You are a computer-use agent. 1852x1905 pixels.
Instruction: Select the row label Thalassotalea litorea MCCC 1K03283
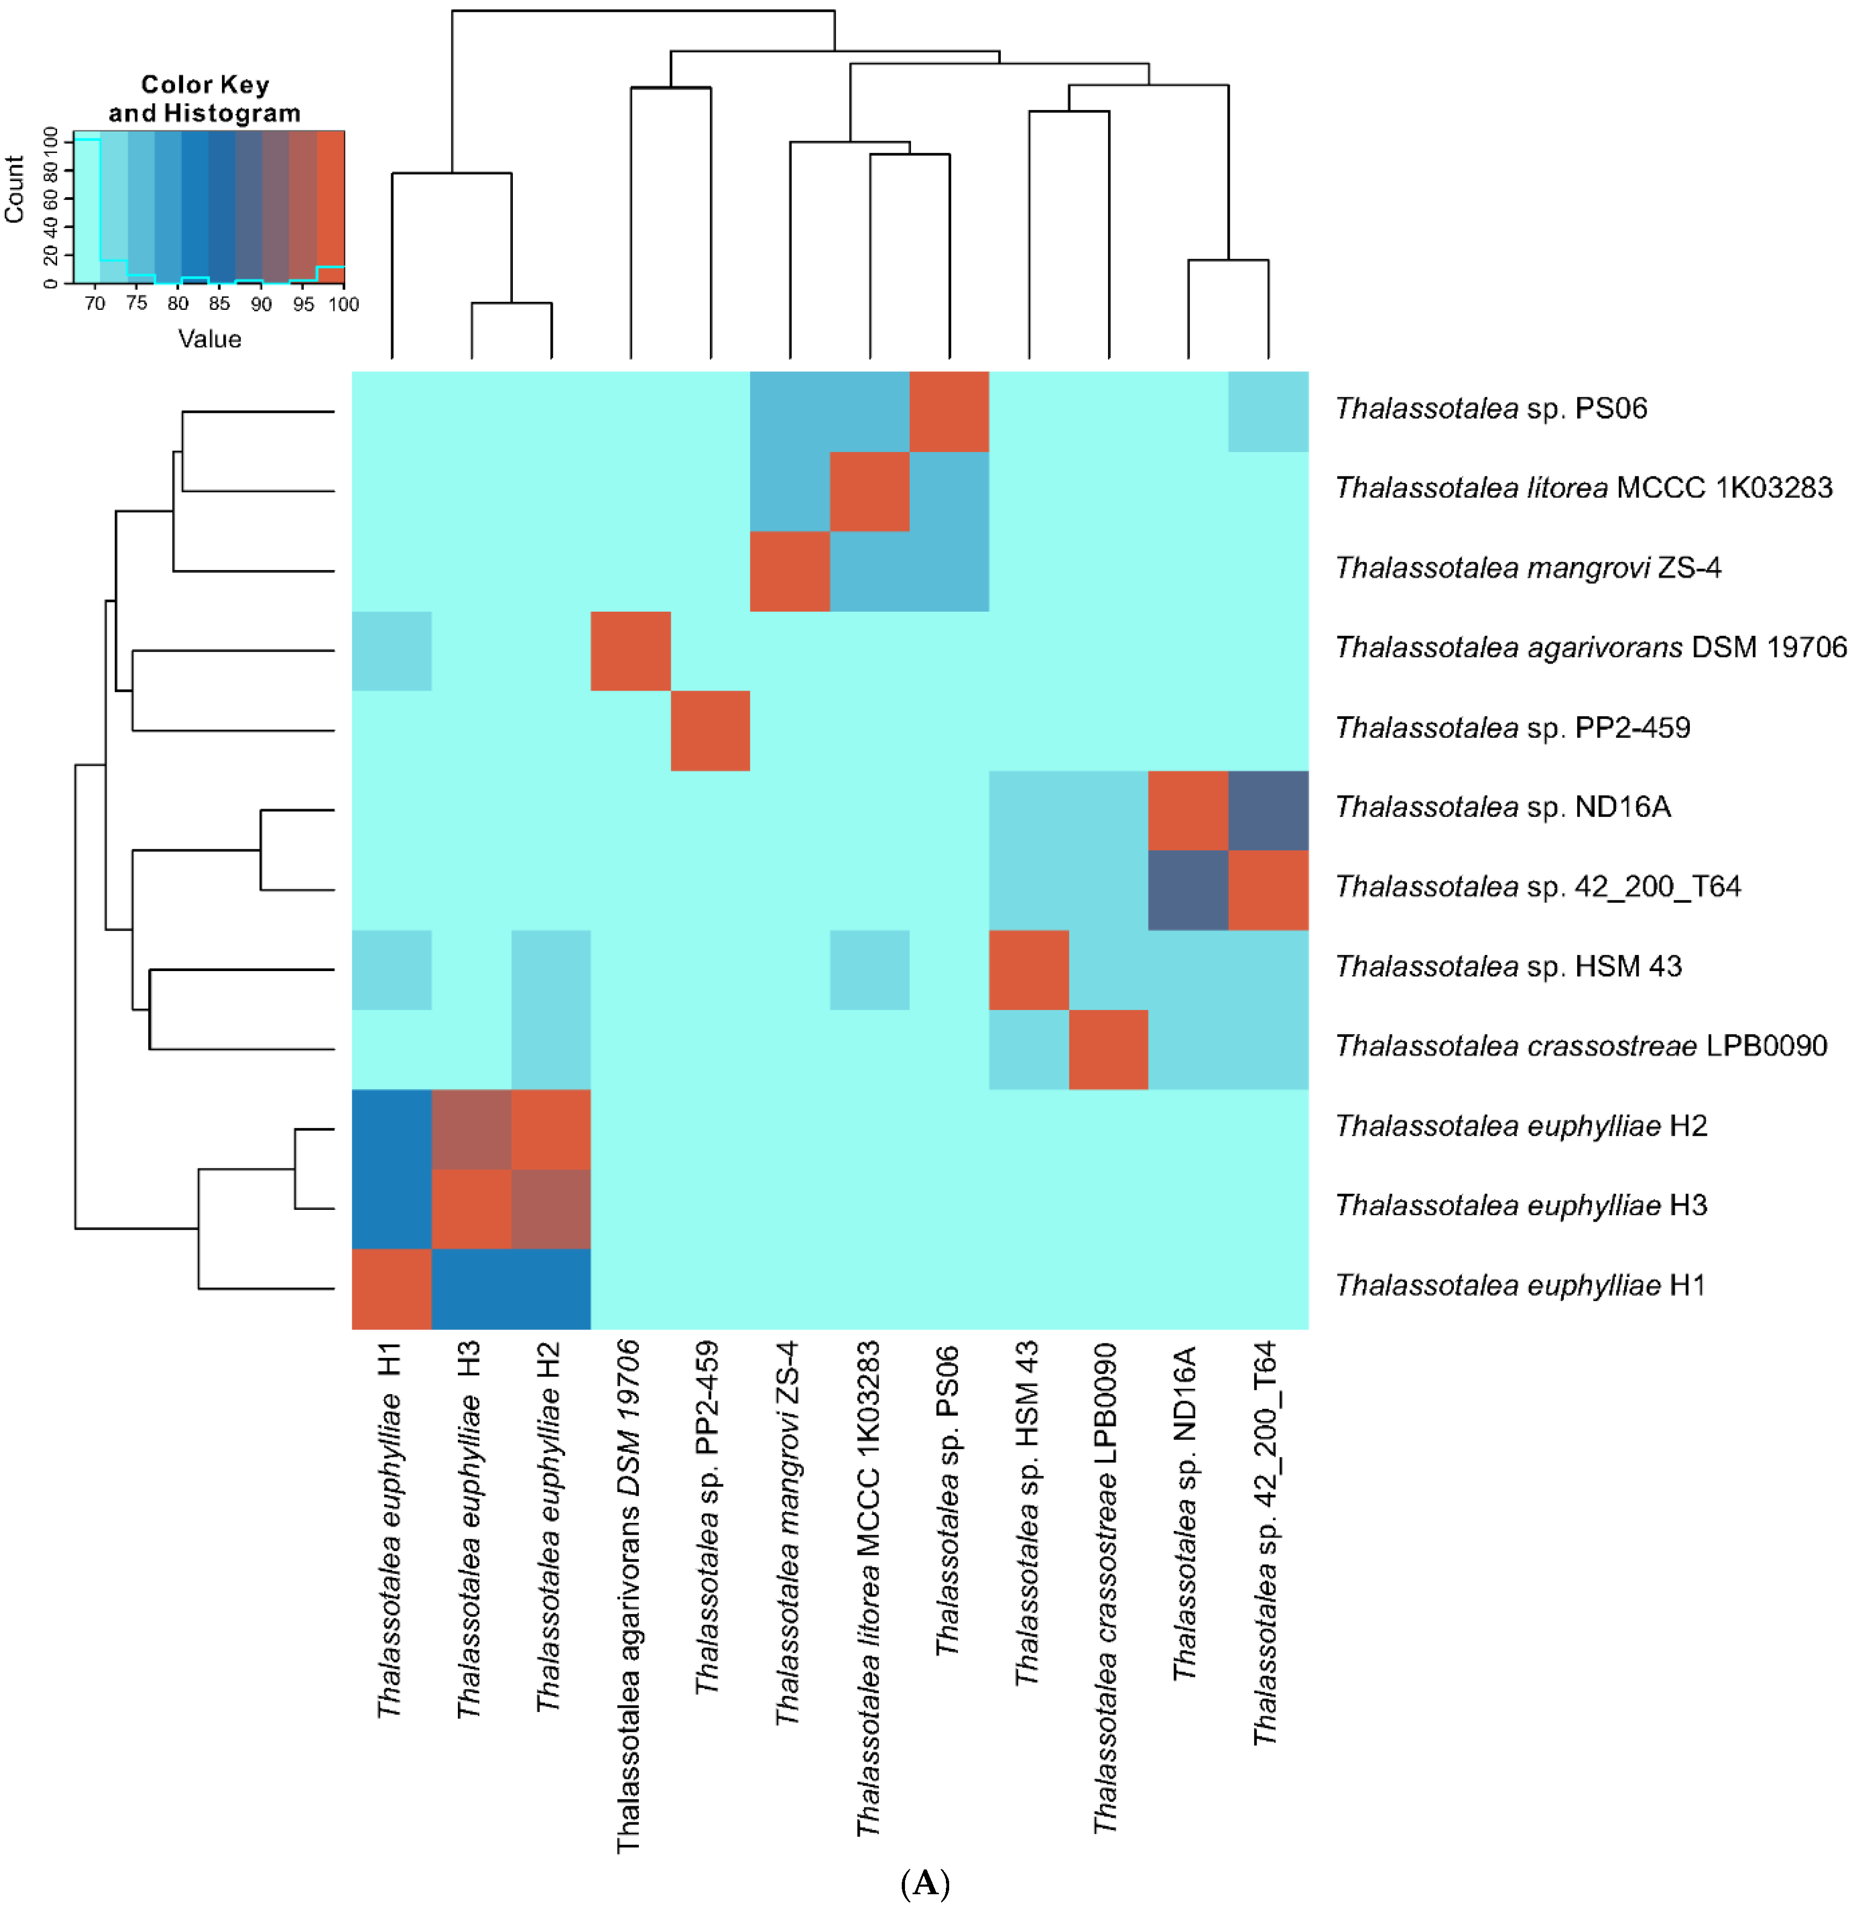tap(1583, 488)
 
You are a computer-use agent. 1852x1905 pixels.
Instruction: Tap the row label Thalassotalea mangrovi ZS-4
tap(1527, 567)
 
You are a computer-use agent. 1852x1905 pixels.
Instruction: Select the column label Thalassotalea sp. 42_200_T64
tap(1264, 1542)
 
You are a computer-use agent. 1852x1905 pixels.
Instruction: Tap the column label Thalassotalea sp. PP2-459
tap(707, 1517)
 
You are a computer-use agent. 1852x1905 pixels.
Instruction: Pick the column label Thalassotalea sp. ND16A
tap(1184, 1513)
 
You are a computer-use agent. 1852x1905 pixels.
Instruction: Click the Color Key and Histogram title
tap(204, 98)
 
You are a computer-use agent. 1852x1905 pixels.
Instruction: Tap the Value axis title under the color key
tap(209, 338)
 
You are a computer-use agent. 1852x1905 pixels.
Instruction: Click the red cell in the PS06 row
tap(949, 412)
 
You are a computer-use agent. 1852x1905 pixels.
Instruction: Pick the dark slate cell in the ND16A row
tap(1269, 811)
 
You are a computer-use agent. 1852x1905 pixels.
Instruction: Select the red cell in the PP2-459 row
tap(710, 731)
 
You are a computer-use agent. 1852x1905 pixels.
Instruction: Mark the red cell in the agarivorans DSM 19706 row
tap(630, 651)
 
